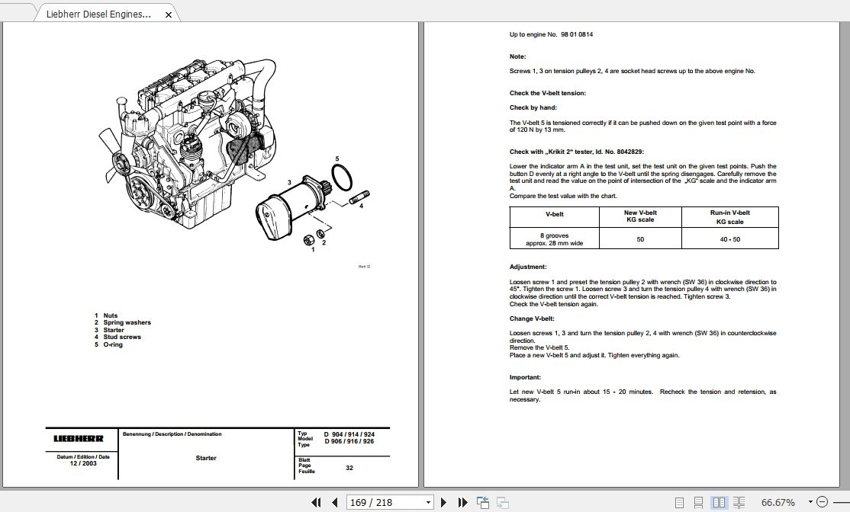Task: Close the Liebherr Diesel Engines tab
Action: click(x=169, y=14)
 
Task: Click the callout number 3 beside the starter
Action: click(x=289, y=182)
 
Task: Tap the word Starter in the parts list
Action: click(x=114, y=330)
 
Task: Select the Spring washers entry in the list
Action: click(x=127, y=322)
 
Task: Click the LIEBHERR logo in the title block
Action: click(x=79, y=438)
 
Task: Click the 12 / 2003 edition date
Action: click(x=83, y=463)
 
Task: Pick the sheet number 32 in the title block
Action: click(x=349, y=468)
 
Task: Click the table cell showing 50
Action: click(x=640, y=239)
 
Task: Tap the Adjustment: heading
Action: click(x=528, y=267)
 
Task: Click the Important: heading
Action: click(x=525, y=377)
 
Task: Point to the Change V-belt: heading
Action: click(x=532, y=318)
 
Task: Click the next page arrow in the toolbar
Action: click(x=445, y=502)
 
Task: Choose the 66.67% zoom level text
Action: click(x=778, y=502)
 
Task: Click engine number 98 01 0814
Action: click(x=577, y=34)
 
